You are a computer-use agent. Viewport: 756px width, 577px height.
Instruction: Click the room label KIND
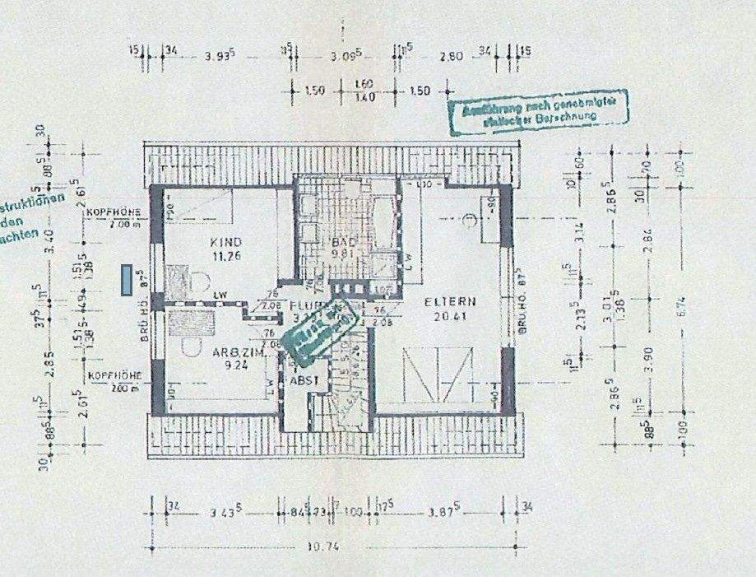225,242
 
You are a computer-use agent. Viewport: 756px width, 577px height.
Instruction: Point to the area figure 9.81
342,255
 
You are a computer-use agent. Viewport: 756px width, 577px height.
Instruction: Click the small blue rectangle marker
125,280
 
